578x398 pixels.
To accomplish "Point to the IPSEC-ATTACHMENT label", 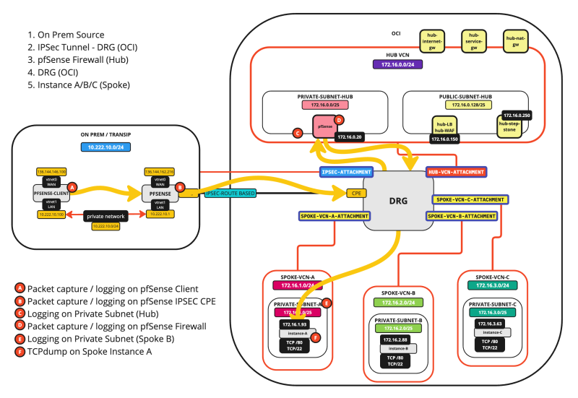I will pos(346,172).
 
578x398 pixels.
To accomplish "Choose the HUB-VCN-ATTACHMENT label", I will pos(456,172).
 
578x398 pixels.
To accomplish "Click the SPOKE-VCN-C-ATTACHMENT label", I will pos(467,199).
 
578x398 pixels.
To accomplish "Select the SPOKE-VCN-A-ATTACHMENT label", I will pos(335,215).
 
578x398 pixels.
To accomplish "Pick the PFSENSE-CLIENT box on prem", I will pos(52,193).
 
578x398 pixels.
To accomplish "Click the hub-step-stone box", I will pos(509,127).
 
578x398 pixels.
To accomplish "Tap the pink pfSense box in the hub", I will pos(324,126).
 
